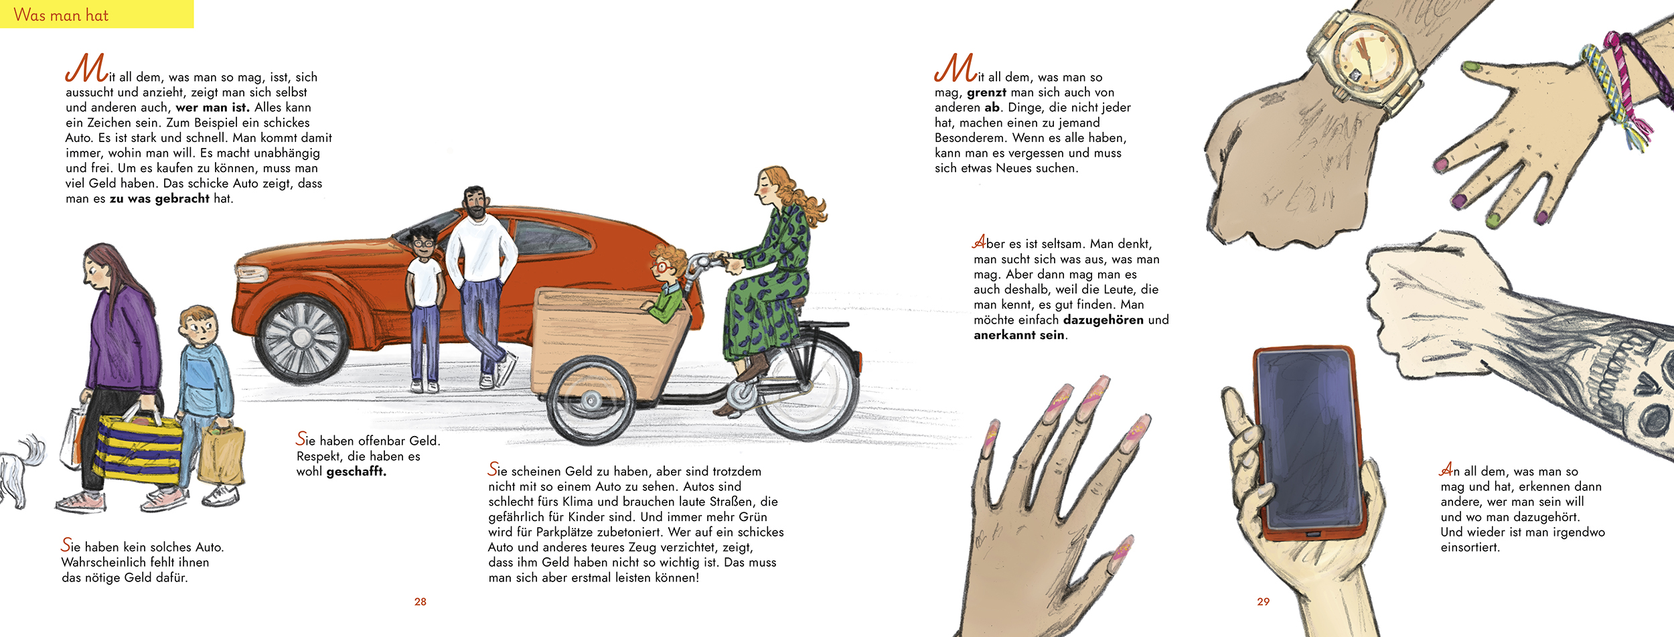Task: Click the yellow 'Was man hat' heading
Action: point(61,15)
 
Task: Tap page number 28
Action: point(420,601)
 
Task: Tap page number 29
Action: point(1263,601)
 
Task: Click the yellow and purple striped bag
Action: point(139,449)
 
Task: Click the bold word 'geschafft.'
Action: point(356,472)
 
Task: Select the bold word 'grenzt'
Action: point(986,92)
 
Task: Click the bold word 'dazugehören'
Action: point(1104,320)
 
